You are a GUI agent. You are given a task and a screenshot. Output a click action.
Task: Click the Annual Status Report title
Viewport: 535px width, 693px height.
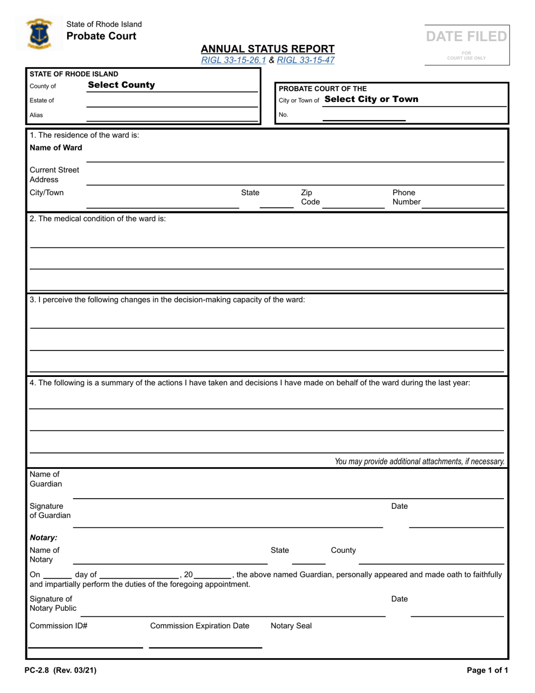coord(267,49)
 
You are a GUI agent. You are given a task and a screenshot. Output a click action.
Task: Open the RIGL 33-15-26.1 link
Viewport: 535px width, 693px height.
coord(234,59)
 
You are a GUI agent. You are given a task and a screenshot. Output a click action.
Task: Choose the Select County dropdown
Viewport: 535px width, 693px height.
coord(121,85)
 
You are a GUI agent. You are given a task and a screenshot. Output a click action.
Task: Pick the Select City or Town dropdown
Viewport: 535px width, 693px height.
coord(372,99)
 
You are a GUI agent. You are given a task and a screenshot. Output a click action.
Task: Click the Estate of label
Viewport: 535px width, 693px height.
coord(42,100)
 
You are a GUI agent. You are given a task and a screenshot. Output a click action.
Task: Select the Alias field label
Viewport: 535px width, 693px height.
coord(37,115)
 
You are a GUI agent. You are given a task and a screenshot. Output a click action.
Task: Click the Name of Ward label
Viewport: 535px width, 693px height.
coord(56,148)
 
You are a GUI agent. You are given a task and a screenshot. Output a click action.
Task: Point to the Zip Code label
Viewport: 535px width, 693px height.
coord(309,197)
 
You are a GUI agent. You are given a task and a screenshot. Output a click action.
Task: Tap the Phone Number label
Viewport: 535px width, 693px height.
coord(406,197)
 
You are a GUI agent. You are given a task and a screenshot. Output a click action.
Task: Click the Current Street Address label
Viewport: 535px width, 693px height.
coord(54,175)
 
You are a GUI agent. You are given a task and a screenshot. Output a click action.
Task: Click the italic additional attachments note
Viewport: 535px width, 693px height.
coord(419,461)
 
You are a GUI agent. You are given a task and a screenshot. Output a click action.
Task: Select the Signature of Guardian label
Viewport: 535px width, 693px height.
coord(50,510)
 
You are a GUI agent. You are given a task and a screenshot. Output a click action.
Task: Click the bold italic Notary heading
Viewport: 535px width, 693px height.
coord(43,537)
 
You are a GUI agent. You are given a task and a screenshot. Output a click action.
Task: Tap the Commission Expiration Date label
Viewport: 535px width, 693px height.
coord(199,626)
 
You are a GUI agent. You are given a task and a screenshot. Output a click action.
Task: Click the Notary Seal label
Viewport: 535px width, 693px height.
coord(291,626)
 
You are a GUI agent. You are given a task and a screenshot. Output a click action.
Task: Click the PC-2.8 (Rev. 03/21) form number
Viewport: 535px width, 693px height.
coord(60,670)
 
